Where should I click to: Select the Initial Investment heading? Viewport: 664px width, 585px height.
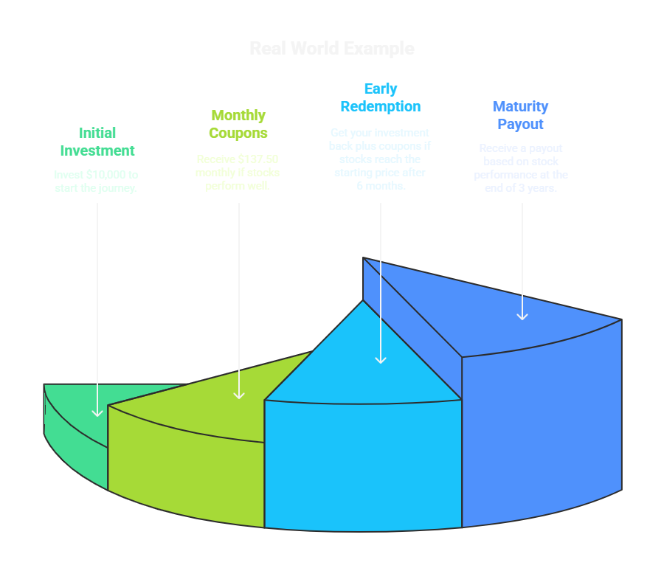97,142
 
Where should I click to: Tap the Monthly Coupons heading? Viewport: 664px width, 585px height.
238,124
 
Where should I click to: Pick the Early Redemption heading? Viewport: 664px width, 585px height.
380,97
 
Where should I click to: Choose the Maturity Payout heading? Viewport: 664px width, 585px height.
520,115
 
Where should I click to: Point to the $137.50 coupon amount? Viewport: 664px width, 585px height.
257,159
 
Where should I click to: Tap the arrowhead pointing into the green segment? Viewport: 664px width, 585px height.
97,412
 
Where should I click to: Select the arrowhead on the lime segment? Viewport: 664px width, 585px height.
238,395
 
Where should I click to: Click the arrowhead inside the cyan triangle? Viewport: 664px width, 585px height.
380,359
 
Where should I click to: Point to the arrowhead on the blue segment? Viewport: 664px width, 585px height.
522,316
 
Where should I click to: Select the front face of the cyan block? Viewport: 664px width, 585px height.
362,465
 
